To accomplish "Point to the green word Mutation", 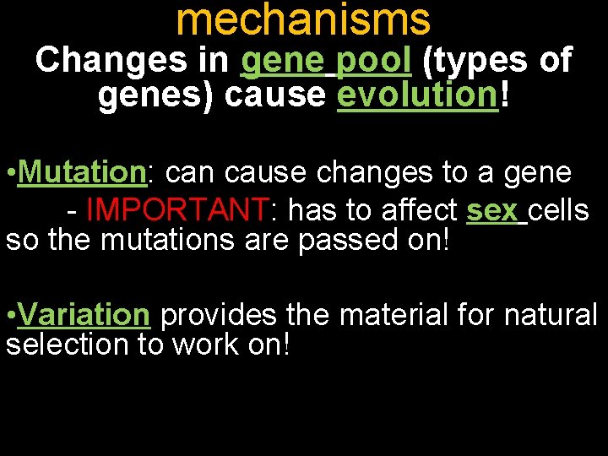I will click(x=82, y=172).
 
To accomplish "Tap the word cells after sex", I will click(x=559, y=208).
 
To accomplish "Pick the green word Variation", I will click(x=83, y=315).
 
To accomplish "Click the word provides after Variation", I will click(x=219, y=315).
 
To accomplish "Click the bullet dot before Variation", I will click(x=10, y=316).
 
